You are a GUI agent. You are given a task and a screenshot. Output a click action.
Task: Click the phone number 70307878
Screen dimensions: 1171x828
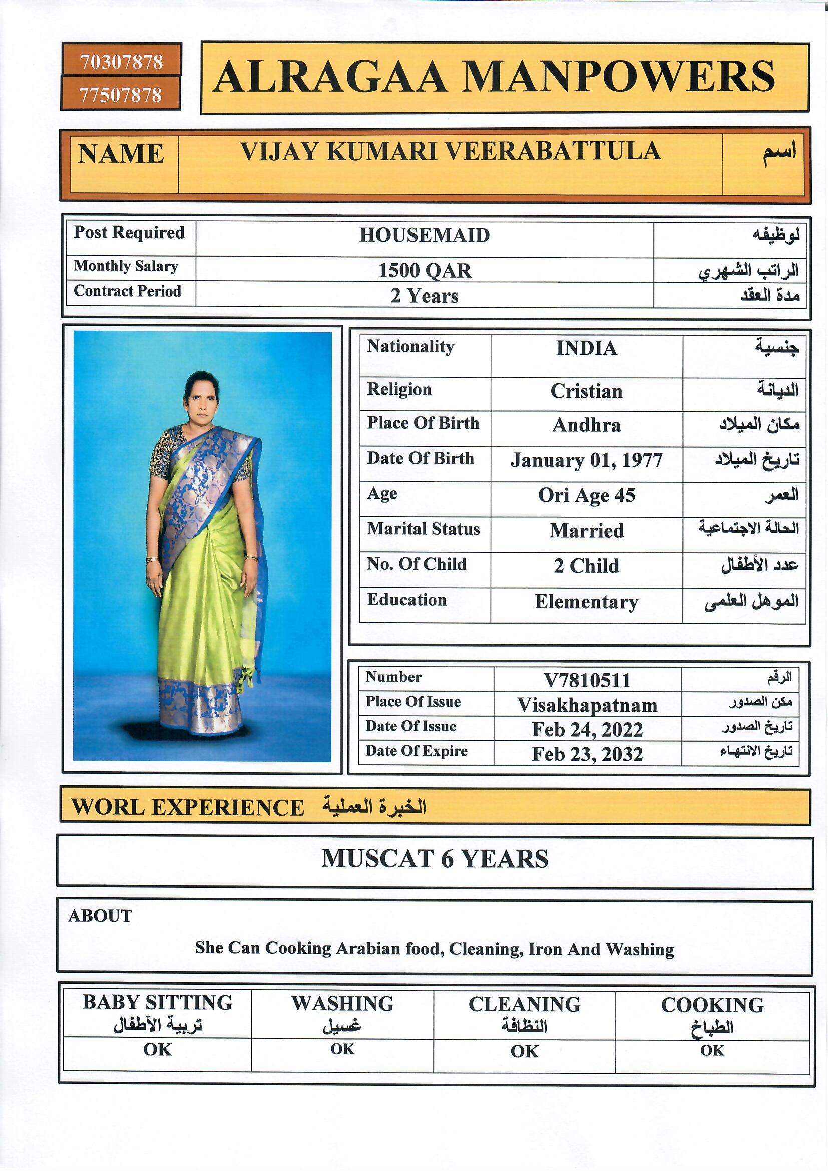(x=121, y=62)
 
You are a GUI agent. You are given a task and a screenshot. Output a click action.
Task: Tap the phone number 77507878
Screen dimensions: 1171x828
(x=120, y=94)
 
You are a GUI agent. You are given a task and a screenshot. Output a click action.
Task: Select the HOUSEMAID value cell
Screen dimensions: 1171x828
(x=424, y=235)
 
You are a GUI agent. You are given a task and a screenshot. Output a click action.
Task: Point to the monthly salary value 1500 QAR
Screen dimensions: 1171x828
(x=424, y=271)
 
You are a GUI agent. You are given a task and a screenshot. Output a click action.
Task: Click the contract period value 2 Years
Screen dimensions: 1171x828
(x=424, y=296)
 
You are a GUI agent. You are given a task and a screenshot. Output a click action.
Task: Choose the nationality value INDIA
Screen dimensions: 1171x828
(x=586, y=348)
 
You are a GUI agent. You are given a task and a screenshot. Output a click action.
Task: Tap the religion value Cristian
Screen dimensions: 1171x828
(x=586, y=391)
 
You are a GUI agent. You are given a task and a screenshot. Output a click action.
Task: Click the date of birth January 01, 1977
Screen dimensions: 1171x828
(x=586, y=460)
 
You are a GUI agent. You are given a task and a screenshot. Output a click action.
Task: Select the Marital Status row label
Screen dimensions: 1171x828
(x=423, y=529)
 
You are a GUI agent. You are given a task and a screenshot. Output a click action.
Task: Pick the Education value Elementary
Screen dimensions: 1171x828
(x=586, y=602)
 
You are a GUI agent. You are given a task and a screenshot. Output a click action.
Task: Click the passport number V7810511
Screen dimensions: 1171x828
(x=587, y=680)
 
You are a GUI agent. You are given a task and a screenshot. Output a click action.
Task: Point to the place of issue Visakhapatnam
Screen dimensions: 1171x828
(x=587, y=705)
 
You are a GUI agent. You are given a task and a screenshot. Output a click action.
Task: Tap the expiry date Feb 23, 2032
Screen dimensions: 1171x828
(x=587, y=754)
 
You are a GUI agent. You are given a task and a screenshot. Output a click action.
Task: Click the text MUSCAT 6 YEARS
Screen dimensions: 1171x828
(x=435, y=859)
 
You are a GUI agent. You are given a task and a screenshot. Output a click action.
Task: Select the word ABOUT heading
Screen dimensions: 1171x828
(x=100, y=916)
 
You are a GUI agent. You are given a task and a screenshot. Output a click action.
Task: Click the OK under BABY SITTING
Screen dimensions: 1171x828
(x=157, y=1050)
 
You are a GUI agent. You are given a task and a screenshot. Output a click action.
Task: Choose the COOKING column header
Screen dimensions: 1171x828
(x=712, y=1005)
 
